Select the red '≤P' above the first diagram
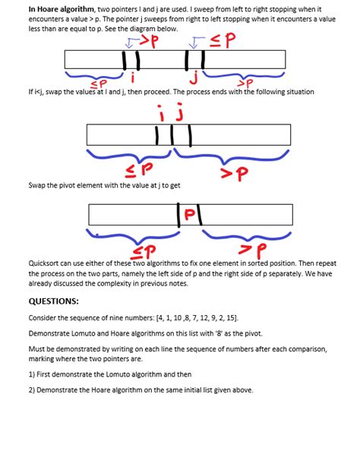221,39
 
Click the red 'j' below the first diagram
195,77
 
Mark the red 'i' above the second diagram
161,114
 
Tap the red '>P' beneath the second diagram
235,173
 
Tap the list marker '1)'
32,375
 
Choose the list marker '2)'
32,390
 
